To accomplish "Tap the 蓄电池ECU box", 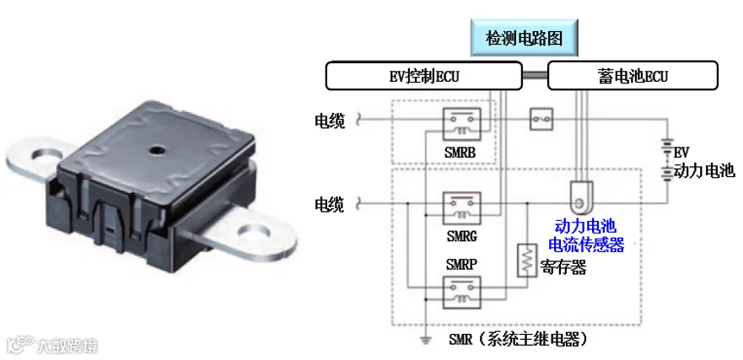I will click(633, 77).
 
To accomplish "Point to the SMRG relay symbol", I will click(461, 207).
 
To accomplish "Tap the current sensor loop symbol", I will click(580, 198).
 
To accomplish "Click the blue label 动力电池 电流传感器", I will click(586, 235).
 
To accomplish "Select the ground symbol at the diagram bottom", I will click(426, 341).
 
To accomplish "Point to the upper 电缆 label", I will click(329, 121).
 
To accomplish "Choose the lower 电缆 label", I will click(329, 204).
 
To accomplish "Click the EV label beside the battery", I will click(681, 153).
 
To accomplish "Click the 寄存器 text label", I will click(564, 267).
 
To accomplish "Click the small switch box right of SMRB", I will click(541, 121).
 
